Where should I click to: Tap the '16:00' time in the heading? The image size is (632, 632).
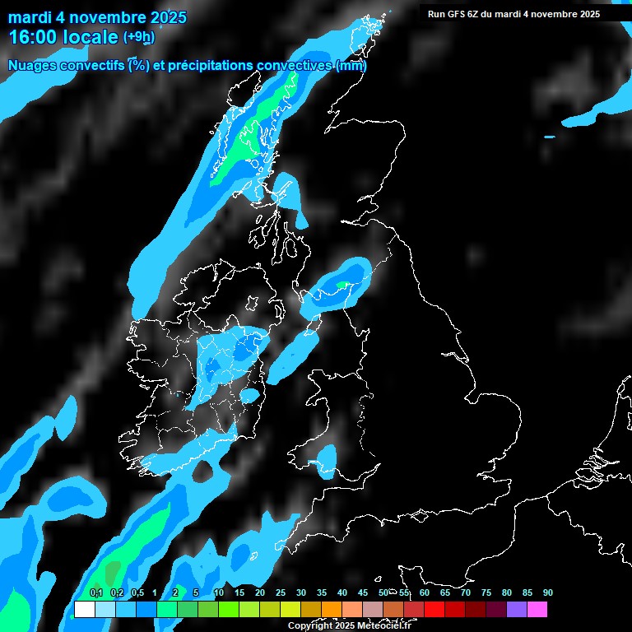[x=32, y=37]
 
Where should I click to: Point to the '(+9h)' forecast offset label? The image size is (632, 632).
[x=138, y=37]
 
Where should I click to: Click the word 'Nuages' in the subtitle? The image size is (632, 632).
[x=32, y=65]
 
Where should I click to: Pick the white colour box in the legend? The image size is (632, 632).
[x=85, y=609]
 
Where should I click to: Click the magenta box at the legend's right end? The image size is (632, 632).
[x=537, y=609]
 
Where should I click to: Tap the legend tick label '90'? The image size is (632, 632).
[x=547, y=593]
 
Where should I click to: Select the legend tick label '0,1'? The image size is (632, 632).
[x=95, y=593]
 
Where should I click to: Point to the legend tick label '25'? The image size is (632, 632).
[x=281, y=593]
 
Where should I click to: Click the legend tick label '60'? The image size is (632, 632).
[x=424, y=593]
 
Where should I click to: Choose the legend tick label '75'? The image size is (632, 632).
[x=486, y=593]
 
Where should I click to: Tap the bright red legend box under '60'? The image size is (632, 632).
[x=434, y=609]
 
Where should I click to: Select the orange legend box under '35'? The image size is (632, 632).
[x=332, y=609]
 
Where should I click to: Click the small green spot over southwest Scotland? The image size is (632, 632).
[x=342, y=285]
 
